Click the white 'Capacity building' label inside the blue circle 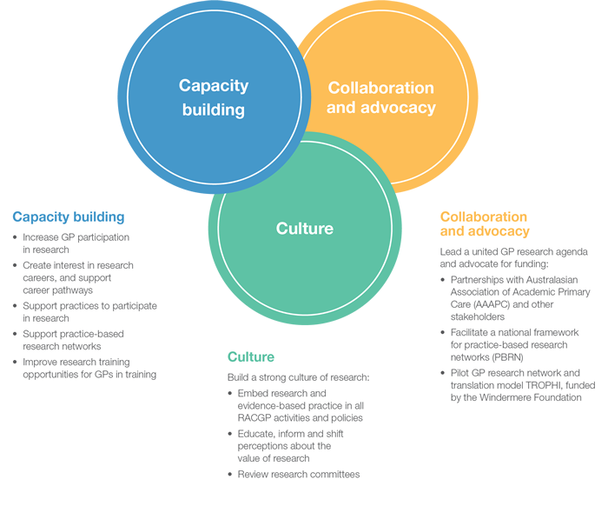click(214, 97)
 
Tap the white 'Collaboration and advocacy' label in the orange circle click(380, 97)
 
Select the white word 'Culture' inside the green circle click(304, 229)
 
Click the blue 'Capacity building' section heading click(69, 216)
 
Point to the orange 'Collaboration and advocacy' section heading click(484, 223)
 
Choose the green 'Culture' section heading click(251, 356)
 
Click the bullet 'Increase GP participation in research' click(76, 243)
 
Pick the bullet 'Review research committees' click(299, 474)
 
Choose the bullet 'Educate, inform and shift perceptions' click(290, 445)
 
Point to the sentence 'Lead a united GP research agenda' click(507, 251)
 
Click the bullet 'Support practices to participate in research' click(89, 312)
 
